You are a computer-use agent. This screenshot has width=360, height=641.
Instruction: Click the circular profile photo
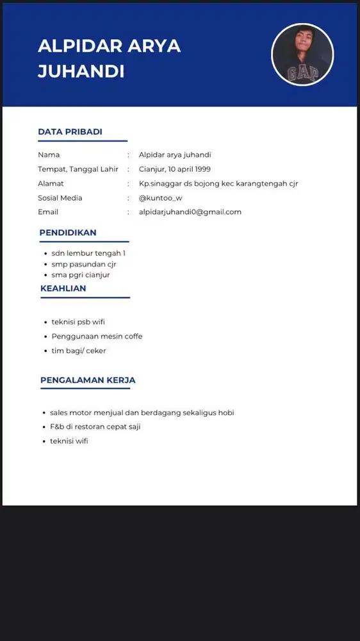pyautogui.click(x=302, y=55)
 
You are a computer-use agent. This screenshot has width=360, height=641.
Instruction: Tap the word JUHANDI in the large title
pyautogui.click(x=81, y=72)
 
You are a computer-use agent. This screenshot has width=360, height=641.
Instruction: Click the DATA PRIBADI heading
pyautogui.click(x=70, y=132)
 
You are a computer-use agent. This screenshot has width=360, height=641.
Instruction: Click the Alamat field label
pyautogui.click(x=51, y=183)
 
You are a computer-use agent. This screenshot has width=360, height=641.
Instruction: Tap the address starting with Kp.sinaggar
pyautogui.click(x=218, y=183)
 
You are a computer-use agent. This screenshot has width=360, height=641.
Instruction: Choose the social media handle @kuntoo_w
pyautogui.click(x=160, y=197)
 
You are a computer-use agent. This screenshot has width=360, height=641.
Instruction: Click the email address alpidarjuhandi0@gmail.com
pyautogui.click(x=190, y=212)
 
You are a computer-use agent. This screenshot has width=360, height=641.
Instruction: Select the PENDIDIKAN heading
pyautogui.click(x=68, y=233)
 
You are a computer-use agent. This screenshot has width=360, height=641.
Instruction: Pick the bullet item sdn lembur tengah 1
pyautogui.click(x=88, y=253)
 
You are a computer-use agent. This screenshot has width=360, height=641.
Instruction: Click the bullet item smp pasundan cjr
pyautogui.click(x=84, y=264)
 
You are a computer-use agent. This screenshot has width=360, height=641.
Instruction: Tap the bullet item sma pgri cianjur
pyautogui.click(x=81, y=275)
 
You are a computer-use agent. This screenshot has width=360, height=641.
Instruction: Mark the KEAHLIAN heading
pyautogui.click(x=63, y=288)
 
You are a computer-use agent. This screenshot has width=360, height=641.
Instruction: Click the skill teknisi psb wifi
pyautogui.click(x=78, y=322)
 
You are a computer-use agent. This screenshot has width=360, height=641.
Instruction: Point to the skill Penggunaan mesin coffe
pyautogui.click(x=97, y=337)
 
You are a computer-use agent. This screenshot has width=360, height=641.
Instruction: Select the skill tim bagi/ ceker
pyautogui.click(x=79, y=351)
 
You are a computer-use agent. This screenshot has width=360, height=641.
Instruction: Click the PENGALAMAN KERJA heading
pyautogui.click(x=88, y=380)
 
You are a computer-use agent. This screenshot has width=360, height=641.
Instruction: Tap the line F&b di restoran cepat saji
pyautogui.click(x=95, y=427)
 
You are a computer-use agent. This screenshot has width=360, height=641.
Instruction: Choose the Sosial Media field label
pyautogui.click(x=60, y=197)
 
